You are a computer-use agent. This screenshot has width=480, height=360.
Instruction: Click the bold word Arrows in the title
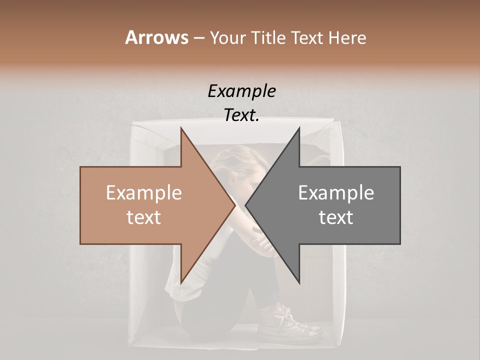156,37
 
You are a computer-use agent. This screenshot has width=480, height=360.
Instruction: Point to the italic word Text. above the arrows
241,115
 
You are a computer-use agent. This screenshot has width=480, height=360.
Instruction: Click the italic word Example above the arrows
241,91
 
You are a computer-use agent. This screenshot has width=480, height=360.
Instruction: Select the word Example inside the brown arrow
143,193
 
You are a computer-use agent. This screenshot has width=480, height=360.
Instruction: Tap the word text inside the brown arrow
143,217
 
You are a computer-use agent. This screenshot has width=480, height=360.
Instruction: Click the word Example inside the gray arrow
336,193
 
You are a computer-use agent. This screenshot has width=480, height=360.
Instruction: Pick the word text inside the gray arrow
336,217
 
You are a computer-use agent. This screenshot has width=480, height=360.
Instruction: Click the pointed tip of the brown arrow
235,205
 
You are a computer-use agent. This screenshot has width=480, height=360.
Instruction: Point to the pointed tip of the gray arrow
245,205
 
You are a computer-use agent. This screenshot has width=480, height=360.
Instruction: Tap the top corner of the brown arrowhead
181,128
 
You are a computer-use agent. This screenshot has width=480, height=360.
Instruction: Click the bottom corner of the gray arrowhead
299,283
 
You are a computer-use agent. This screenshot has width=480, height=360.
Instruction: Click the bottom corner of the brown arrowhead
181,283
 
